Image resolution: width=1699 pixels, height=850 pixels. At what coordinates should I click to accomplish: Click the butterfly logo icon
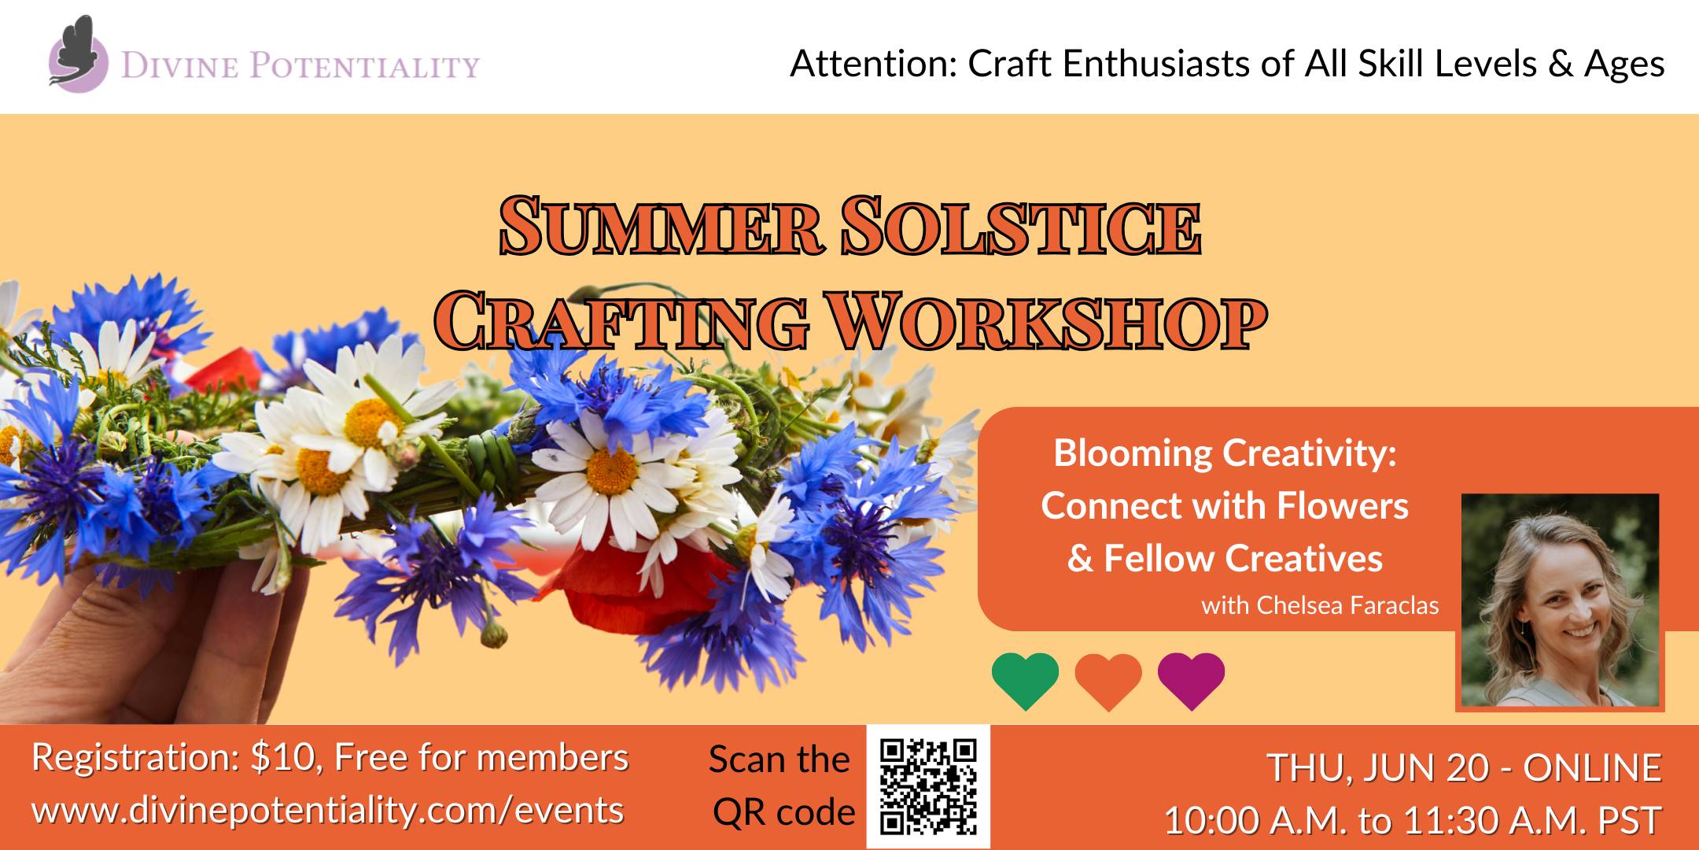[78, 52]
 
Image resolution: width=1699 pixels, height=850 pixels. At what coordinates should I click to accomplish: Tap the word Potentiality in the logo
[365, 66]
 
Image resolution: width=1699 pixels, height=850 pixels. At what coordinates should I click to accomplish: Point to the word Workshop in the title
[1049, 320]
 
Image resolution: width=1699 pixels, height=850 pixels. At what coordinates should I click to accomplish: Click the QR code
[928, 786]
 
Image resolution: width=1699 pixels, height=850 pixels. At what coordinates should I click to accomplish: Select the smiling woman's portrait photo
[1560, 601]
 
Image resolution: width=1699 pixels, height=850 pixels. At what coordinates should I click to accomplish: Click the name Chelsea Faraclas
[1347, 605]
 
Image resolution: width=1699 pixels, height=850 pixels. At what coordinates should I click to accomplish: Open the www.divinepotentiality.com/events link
[328, 811]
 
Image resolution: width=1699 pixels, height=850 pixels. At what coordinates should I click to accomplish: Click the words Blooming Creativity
[1225, 454]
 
